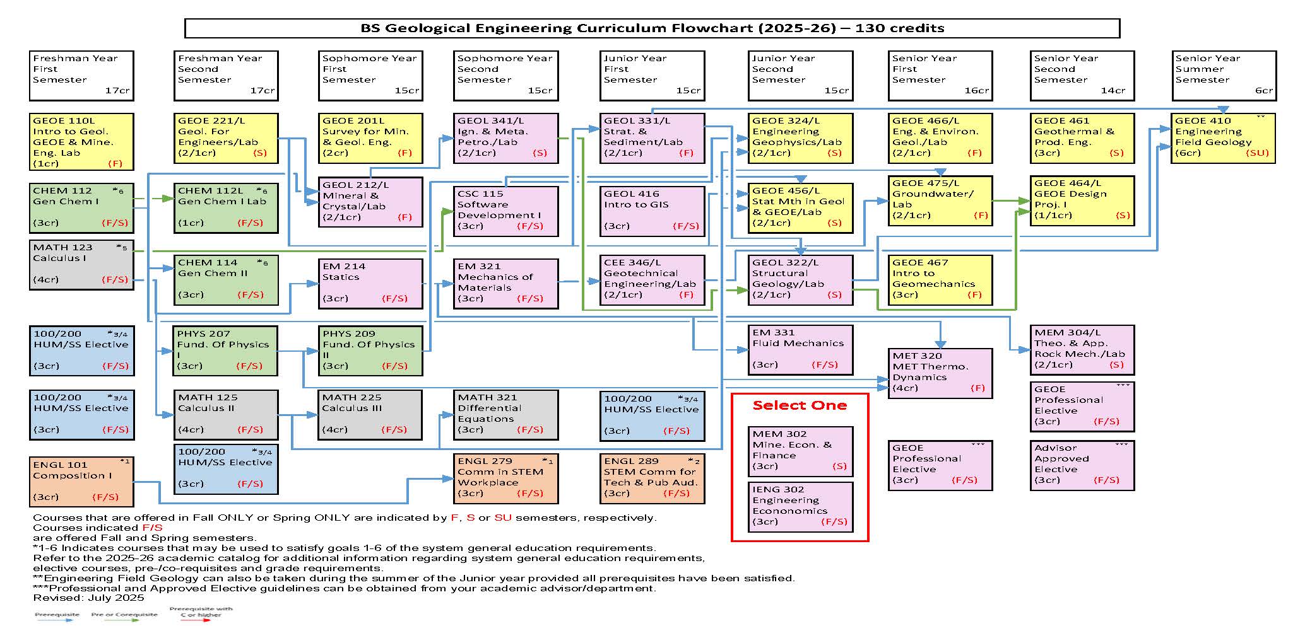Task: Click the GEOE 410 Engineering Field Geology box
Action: coord(1223,138)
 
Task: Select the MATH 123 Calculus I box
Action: coord(81,264)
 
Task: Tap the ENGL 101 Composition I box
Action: coord(81,482)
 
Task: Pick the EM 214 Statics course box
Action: coord(370,283)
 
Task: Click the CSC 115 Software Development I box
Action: coord(505,211)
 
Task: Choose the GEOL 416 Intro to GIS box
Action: coord(652,211)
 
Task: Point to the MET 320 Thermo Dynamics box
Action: coord(940,373)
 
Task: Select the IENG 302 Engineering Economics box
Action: coord(800,506)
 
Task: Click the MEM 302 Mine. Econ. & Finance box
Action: coord(800,450)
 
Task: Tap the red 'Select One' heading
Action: coord(800,405)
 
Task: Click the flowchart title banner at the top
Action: coord(652,28)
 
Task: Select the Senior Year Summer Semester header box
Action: coord(1224,75)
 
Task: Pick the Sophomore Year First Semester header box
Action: coord(370,75)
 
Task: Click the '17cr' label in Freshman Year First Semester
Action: coord(117,91)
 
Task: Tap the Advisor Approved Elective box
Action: coord(1082,465)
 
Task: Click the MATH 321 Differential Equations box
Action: coord(505,414)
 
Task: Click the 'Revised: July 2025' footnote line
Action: coord(88,598)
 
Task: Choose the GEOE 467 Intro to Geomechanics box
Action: coord(940,279)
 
